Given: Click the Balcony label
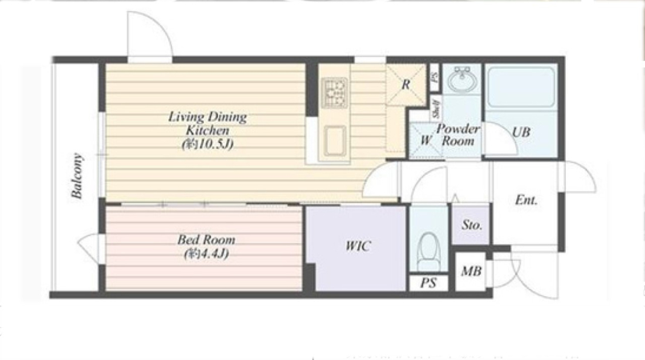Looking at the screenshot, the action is click(x=77, y=176).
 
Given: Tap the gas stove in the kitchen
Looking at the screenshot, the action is click(x=334, y=93).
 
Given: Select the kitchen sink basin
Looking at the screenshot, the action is click(x=334, y=141).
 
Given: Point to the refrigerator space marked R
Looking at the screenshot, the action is click(x=406, y=84).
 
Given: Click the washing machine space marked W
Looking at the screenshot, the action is click(x=426, y=140).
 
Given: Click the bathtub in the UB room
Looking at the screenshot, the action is click(x=521, y=87).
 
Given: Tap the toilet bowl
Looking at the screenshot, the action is click(x=429, y=250).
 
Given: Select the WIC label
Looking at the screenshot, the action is click(x=358, y=246).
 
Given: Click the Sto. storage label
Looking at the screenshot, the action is click(x=471, y=225).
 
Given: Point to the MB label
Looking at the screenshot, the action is click(x=471, y=271).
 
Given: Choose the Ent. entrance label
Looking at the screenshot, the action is click(x=526, y=201).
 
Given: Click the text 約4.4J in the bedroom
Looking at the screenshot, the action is click(x=206, y=253).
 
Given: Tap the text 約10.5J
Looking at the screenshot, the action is click(x=208, y=144).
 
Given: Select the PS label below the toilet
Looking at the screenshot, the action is click(x=428, y=283).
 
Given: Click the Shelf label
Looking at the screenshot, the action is click(x=436, y=108).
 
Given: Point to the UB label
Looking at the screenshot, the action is click(x=521, y=132).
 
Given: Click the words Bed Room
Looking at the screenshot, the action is click(x=206, y=239).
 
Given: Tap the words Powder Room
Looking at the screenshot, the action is click(x=458, y=134).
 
